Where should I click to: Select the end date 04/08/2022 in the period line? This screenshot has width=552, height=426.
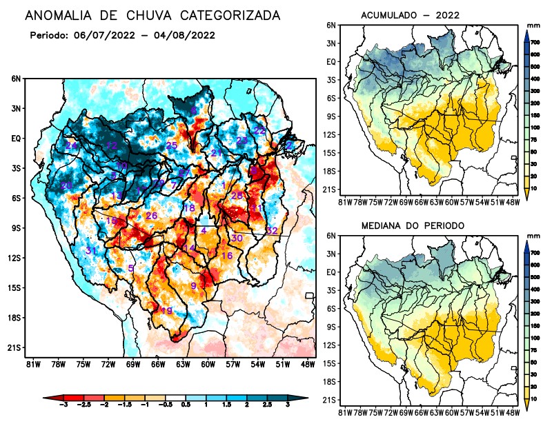pyautogui.click(x=184, y=35)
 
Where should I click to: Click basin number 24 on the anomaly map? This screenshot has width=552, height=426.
pyautogui.click(x=71, y=145)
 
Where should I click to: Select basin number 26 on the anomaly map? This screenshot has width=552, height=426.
pyautogui.click(x=151, y=216)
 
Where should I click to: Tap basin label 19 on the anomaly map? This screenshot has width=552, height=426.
pyautogui.click(x=166, y=311)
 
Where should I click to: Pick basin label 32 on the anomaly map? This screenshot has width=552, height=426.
pyautogui.click(x=272, y=230)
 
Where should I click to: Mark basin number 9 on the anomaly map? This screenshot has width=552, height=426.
pyautogui.click(x=194, y=286)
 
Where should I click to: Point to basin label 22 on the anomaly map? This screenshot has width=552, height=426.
pyautogui.click(x=260, y=130)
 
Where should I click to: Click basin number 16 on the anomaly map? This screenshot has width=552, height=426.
pyautogui.click(x=226, y=256)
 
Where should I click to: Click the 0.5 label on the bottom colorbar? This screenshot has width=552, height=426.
pyautogui.click(x=185, y=408)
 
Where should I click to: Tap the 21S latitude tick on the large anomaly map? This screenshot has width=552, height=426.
pyautogui.click(x=14, y=347)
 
